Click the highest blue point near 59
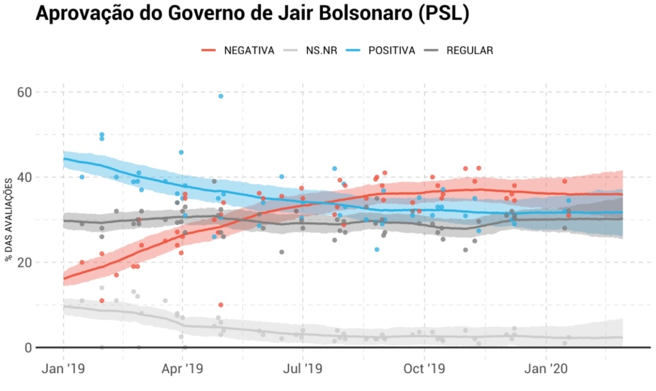[220, 96]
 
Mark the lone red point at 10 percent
[220, 304]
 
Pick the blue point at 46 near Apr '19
[181, 152]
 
